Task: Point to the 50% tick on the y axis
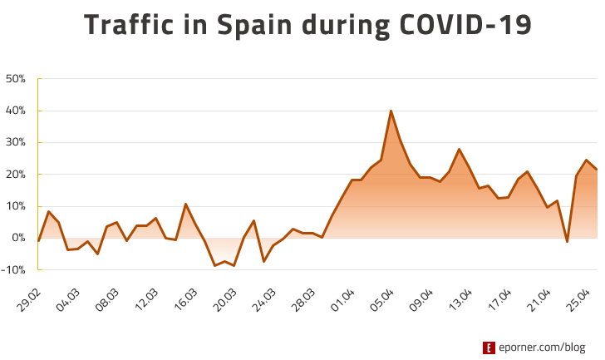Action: point(16,79)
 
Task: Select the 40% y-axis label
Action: point(16,111)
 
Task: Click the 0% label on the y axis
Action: point(18,238)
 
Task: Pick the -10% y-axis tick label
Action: point(14,269)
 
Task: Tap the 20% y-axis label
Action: point(16,175)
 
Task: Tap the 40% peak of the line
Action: point(391,111)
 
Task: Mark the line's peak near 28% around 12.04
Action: point(459,150)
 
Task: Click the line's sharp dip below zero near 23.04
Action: point(567,241)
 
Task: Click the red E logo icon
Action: point(489,348)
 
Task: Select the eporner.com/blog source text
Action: point(544,348)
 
